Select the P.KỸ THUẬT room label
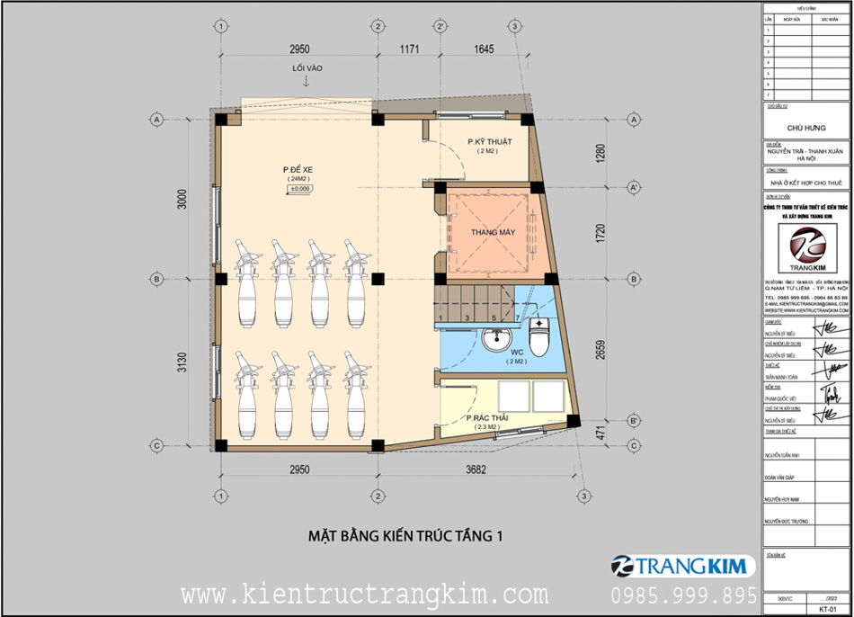pyautogui.click(x=489, y=142)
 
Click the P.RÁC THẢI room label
pyautogui.click(x=487, y=418)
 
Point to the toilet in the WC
pyautogui.click(x=540, y=337)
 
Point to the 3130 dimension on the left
pyautogui.click(x=182, y=361)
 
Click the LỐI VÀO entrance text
pyautogui.click(x=306, y=68)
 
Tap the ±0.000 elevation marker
pyautogui.click(x=299, y=190)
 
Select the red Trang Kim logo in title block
pyautogui.click(x=805, y=247)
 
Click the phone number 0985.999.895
pyautogui.click(x=683, y=595)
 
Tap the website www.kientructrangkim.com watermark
pyautogui.click(x=364, y=595)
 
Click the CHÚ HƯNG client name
pyautogui.click(x=805, y=128)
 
